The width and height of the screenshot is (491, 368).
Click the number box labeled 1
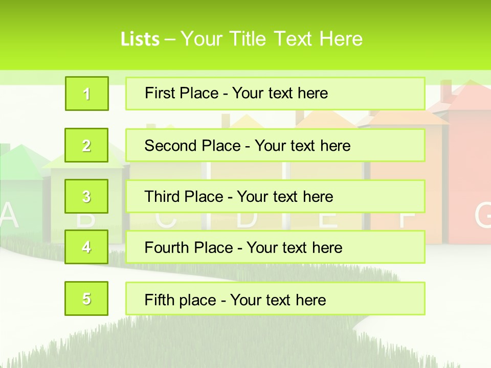[86, 94]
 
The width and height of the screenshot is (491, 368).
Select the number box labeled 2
[86, 145]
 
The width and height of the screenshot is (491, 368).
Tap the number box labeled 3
[86, 196]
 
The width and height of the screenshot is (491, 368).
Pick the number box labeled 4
[86, 247]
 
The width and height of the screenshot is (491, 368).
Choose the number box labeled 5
[86, 298]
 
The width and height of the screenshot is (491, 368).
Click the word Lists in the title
[140, 39]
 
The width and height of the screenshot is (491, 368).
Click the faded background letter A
[9, 216]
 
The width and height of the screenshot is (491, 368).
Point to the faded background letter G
[483, 216]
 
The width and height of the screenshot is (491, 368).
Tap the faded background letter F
[407, 217]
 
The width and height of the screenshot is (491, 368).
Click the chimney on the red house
[446, 91]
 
